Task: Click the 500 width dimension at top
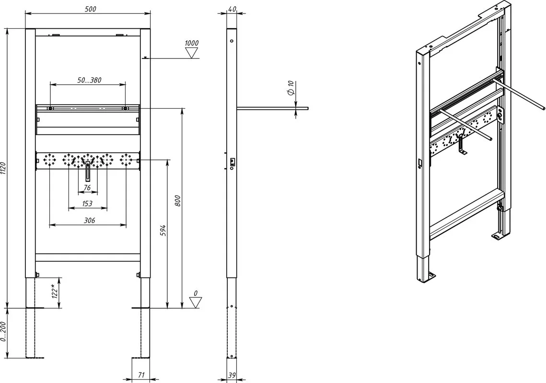click(x=91, y=9)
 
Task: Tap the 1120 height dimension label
click(x=3, y=169)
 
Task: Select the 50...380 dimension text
click(x=90, y=80)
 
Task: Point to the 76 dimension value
click(x=87, y=188)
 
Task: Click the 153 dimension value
click(x=87, y=203)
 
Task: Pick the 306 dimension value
click(x=90, y=220)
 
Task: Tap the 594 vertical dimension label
click(x=163, y=231)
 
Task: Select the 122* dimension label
click(x=54, y=291)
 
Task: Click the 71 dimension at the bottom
click(x=141, y=375)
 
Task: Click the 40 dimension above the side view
click(x=232, y=8)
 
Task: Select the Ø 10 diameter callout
click(x=291, y=88)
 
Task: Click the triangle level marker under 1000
click(x=192, y=53)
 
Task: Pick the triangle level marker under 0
click(x=196, y=302)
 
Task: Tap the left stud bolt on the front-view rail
click(x=51, y=108)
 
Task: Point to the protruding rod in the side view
click(x=273, y=108)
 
